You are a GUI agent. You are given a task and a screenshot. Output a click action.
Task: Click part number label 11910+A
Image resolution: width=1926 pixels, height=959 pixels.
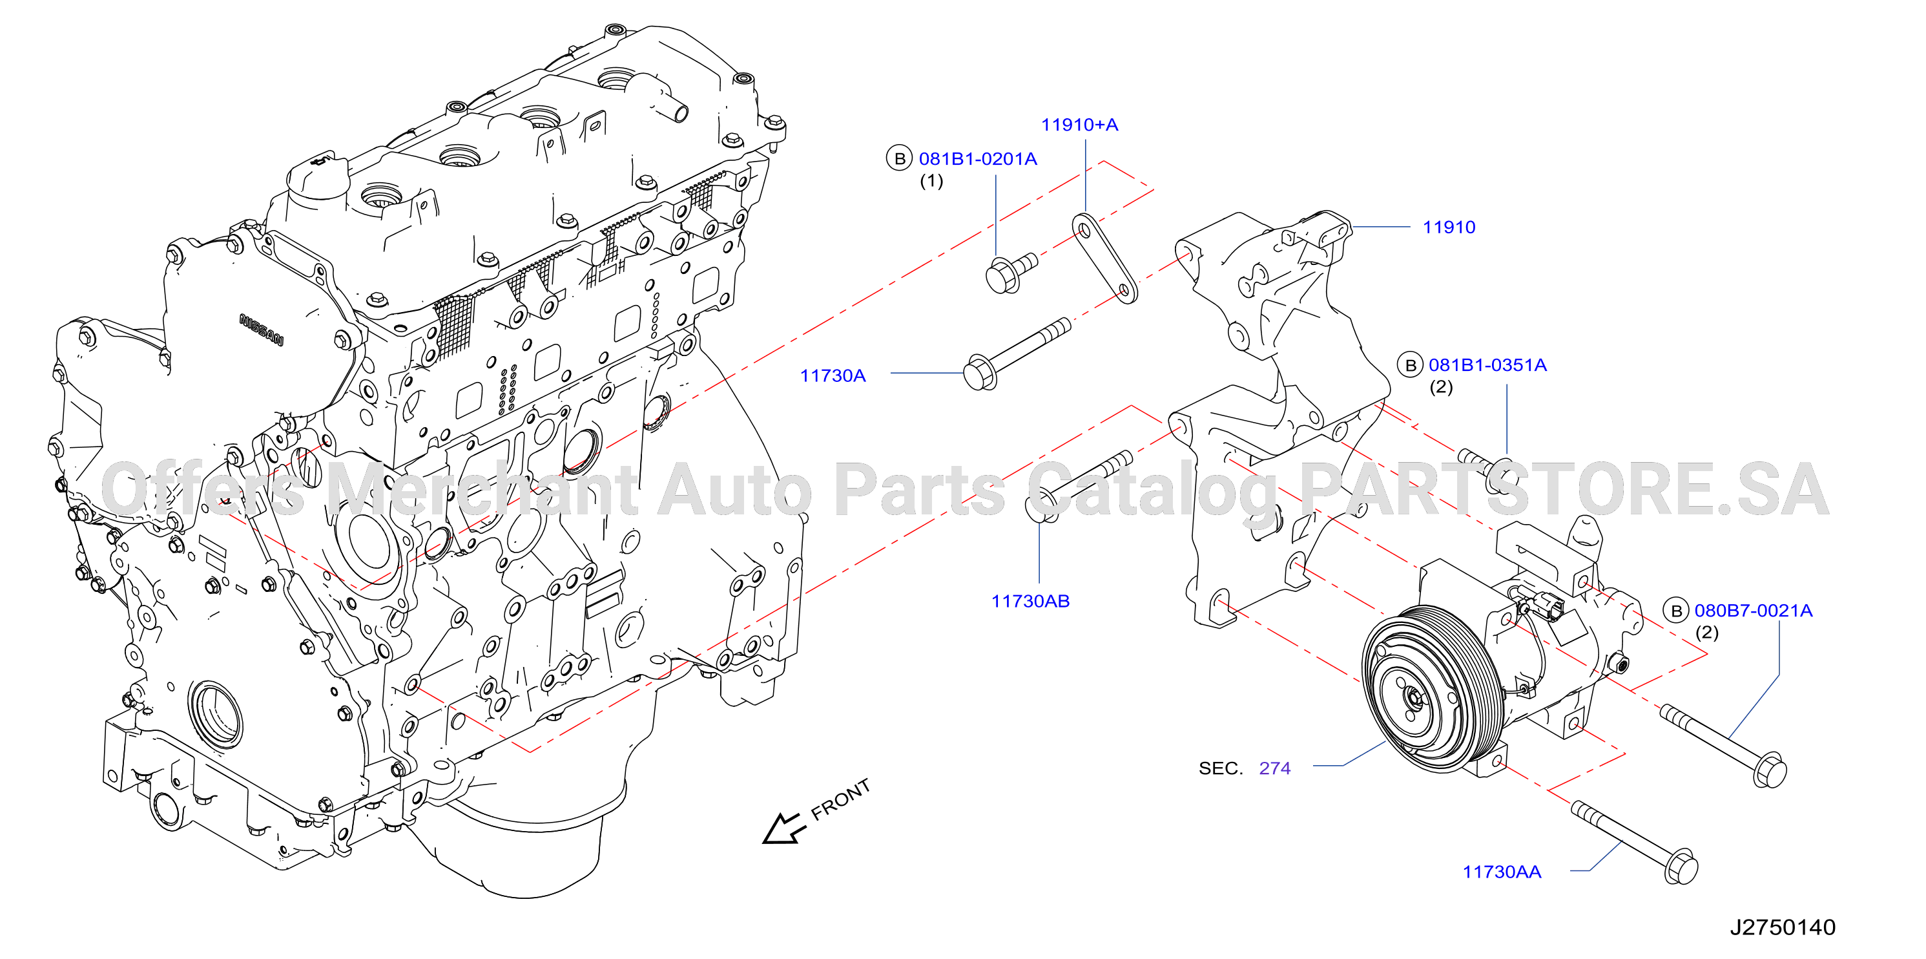tap(1080, 125)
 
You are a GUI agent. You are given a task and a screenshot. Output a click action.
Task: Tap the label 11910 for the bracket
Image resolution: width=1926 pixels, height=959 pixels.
tap(1449, 227)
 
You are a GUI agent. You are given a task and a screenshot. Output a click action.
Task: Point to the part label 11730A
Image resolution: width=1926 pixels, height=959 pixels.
tap(833, 375)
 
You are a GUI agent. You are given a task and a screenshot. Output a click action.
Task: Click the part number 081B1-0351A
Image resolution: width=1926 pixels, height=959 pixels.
tap(1488, 365)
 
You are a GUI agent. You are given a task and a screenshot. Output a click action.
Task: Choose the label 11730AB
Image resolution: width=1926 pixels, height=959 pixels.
tap(1030, 601)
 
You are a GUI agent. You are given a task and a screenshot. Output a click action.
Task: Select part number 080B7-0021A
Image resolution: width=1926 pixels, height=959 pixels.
tap(1754, 611)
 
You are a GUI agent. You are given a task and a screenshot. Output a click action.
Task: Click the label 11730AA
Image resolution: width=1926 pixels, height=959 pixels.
tap(1501, 872)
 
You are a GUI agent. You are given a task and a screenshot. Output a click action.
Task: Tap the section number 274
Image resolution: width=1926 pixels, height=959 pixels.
tap(1275, 768)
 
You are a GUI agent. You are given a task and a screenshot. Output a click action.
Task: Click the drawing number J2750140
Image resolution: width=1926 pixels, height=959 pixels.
tap(1783, 927)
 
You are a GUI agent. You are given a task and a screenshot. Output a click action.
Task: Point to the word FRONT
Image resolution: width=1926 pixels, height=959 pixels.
tap(841, 799)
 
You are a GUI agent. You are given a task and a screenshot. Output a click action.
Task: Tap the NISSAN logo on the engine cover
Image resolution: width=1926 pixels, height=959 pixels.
tap(262, 330)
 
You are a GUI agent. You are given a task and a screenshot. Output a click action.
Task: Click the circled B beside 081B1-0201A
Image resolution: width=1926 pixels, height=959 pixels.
tap(900, 158)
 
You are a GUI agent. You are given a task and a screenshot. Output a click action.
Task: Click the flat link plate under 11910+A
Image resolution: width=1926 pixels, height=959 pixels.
tap(1105, 259)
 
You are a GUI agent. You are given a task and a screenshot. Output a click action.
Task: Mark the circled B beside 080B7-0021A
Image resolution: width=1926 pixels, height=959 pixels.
tap(1676, 611)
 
